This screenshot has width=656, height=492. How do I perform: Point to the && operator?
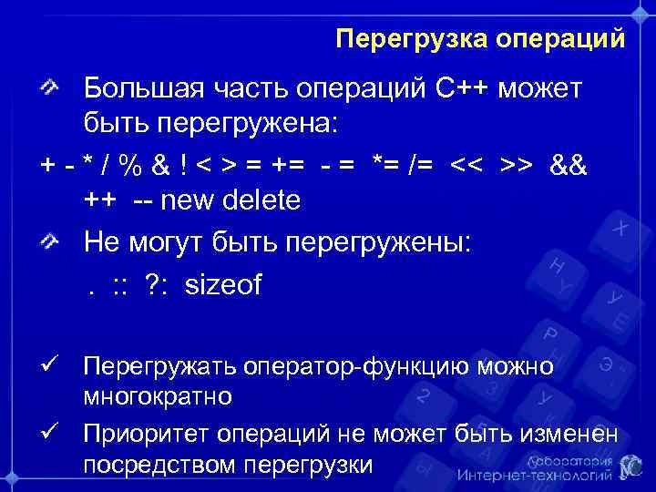(569, 167)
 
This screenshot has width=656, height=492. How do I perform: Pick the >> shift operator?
(517, 167)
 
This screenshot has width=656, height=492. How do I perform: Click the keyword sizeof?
(222, 285)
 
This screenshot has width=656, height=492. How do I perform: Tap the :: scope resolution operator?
(119, 285)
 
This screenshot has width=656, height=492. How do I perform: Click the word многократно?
(157, 397)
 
